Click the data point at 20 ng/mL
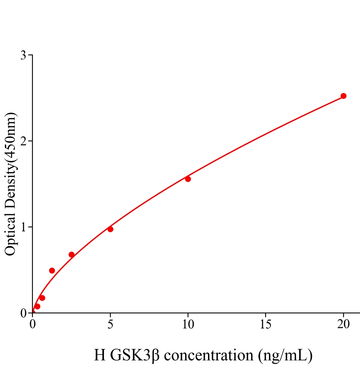(x=343, y=96)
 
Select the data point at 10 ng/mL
(x=188, y=179)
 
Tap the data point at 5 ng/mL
(x=110, y=229)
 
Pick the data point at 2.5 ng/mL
(x=71, y=254)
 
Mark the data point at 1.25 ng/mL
(x=52, y=270)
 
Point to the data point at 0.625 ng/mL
(x=42, y=298)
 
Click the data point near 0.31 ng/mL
(x=37, y=306)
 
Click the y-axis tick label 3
(x=23, y=55)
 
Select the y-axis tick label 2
(x=23, y=141)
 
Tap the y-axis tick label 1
(x=23, y=227)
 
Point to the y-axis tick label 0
(x=23, y=313)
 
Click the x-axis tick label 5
(x=110, y=324)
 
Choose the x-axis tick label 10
(x=188, y=324)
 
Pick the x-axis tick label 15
(x=265, y=324)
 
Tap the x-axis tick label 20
(x=343, y=324)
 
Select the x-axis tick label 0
(x=33, y=324)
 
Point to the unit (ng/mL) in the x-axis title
(x=285, y=355)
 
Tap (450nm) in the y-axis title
(x=10, y=137)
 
